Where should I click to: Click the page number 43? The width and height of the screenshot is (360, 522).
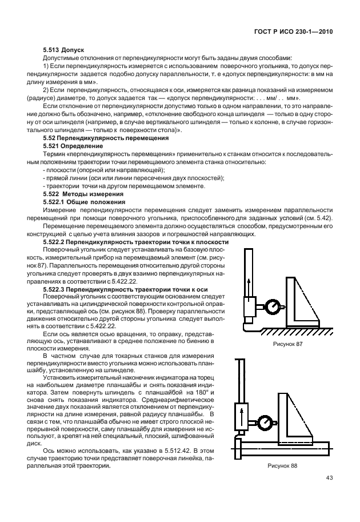(329, 478)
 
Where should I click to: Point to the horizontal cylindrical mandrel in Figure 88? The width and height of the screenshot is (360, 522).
(286, 447)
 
